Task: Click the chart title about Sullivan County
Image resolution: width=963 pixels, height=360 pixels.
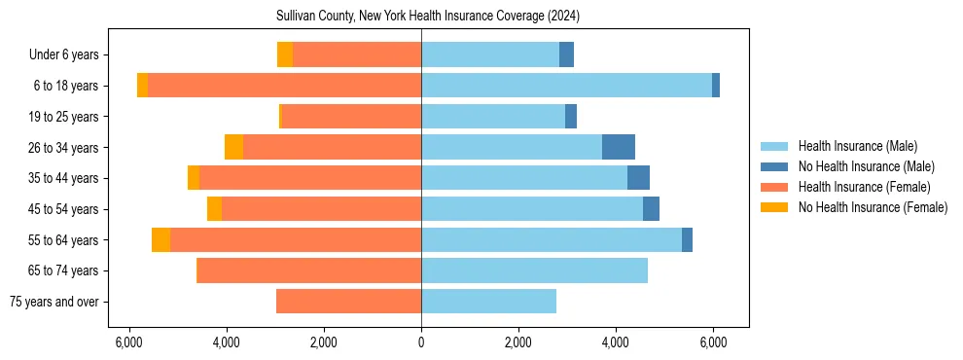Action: [x=421, y=17]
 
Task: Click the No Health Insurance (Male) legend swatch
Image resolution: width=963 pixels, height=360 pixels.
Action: [x=774, y=166]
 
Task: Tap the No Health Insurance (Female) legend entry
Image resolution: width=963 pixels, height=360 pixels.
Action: [x=872, y=207]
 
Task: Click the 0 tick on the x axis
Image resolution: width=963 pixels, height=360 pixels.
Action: [x=421, y=342]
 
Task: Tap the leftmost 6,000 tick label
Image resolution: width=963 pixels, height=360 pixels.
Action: [x=129, y=342]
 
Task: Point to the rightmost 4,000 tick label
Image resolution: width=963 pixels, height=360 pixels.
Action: [x=616, y=342]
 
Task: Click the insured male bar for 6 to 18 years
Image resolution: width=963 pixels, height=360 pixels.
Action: [x=566, y=86]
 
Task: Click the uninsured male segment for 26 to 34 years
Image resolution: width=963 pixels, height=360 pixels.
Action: [x=619, y=147]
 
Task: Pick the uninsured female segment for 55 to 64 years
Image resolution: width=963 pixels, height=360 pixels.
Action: [x=160, y=239]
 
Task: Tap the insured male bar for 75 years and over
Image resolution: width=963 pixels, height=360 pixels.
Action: [x=488, y=302]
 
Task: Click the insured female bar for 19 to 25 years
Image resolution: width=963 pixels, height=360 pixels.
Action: [x=351, y=117]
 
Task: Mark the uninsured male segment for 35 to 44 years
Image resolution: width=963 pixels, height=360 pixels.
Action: [x=638, y=178]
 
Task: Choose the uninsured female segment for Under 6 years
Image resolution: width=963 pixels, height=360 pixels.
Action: [x=285, y=55]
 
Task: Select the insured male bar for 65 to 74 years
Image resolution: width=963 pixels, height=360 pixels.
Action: [x=534, y=270]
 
